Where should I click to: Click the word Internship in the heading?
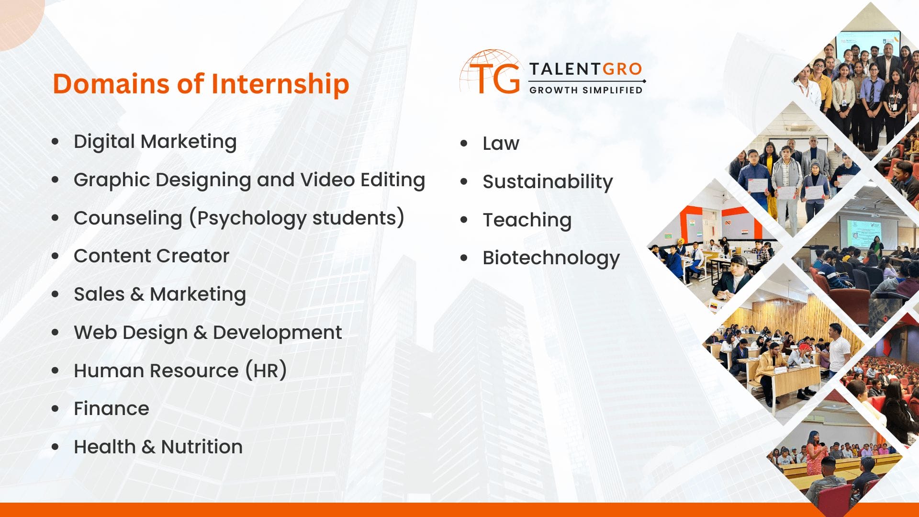[x=280, y=84]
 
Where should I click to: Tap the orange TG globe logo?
[x=491, y=73]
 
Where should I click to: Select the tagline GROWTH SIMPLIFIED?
[x=585, y=90]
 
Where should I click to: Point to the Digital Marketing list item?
[x=155, y=142]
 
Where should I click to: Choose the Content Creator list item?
[x=151, y=256]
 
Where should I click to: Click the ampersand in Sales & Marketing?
[x=137, y=294]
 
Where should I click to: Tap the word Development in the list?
[x=277, y=333]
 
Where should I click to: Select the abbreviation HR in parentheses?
[x=266, y=371]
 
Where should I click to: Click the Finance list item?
[x=111, y=409]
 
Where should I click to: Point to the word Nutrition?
[x=202, y=447]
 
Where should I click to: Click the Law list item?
[x=501, y=144]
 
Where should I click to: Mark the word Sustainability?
[x=548, y=182]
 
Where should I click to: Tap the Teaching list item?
[x=527, y=220]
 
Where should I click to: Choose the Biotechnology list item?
[x=551, y=258]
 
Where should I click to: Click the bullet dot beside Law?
[x=463, y=144]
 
